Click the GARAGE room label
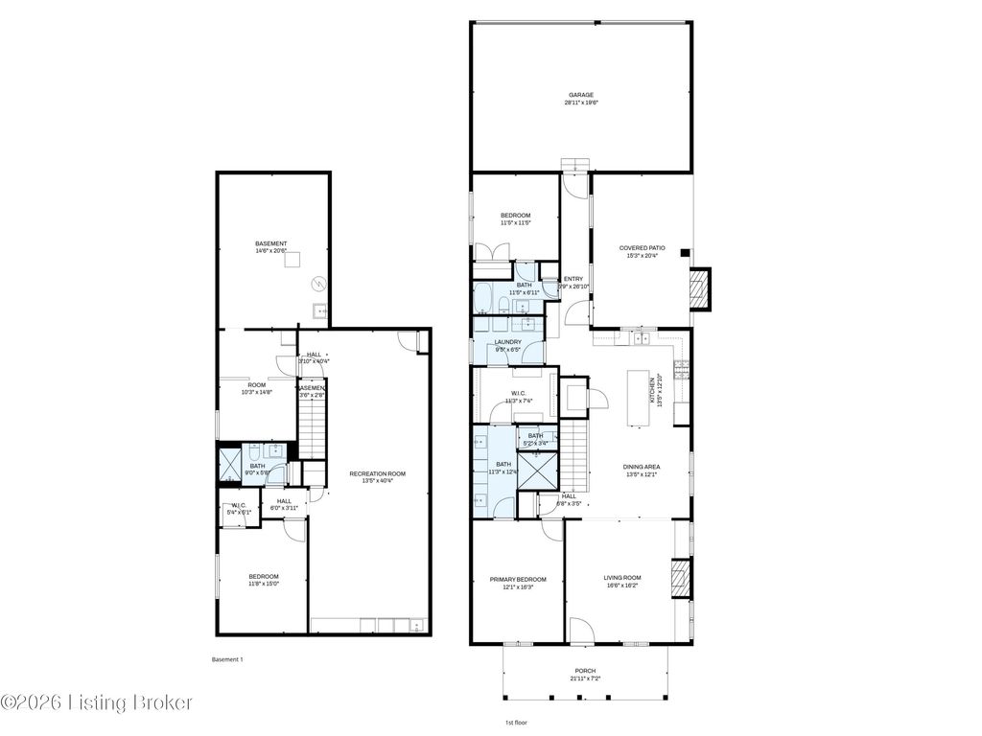[x=580, y=95]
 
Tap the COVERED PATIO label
[x=642, y=248]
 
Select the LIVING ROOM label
[x=621, y=578]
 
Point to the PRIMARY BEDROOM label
[x=517, y=580]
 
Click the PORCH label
[x=585, y=671]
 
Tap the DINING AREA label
[x=643, y=467]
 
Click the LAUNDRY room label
[x=507, y=342]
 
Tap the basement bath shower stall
[x=229, y=464]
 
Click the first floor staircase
[x=573, y=455]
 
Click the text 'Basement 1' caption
[x=228, y=659]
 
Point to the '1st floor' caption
[x=515, y=722]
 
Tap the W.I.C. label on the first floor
[x=517, y=398]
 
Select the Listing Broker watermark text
[x=96, y=702]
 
